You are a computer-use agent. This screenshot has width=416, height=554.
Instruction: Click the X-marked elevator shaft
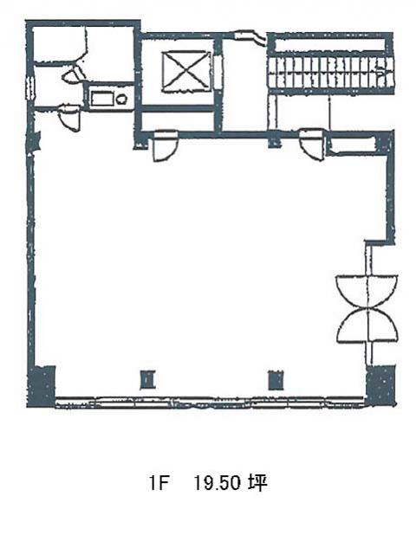[x=186, y=72]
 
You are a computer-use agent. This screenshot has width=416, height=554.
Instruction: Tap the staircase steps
[x=330, y=73]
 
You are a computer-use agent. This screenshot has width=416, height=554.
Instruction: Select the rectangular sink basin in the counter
[x=102, y=98]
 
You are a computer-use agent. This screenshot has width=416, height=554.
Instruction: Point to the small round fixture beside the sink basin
[x=121, y=100]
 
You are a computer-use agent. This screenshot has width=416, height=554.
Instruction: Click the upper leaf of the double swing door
[x=367, y=291]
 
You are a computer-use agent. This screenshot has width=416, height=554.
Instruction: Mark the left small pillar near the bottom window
[x=147, y=380]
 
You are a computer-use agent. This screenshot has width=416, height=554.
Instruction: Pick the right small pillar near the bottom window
[x=276, y=380]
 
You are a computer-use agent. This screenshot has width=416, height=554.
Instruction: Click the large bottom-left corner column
[x=41, y=387]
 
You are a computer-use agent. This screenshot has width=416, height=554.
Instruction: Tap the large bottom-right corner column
[x=380, y=386]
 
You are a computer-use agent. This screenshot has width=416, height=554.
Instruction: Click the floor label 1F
[x=158, y=483]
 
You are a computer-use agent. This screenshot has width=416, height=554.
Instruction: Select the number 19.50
[x=218, y=483]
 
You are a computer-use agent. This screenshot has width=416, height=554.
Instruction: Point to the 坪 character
[x=257, y=483]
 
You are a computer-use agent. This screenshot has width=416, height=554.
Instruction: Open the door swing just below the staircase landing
[x=312, y=145]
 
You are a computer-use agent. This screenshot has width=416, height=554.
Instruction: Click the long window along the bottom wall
[x=210, y=402]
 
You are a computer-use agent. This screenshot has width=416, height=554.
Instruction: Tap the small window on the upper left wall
[x=30, y=88]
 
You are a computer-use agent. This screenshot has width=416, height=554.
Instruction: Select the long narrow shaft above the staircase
[x=329, y=45]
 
